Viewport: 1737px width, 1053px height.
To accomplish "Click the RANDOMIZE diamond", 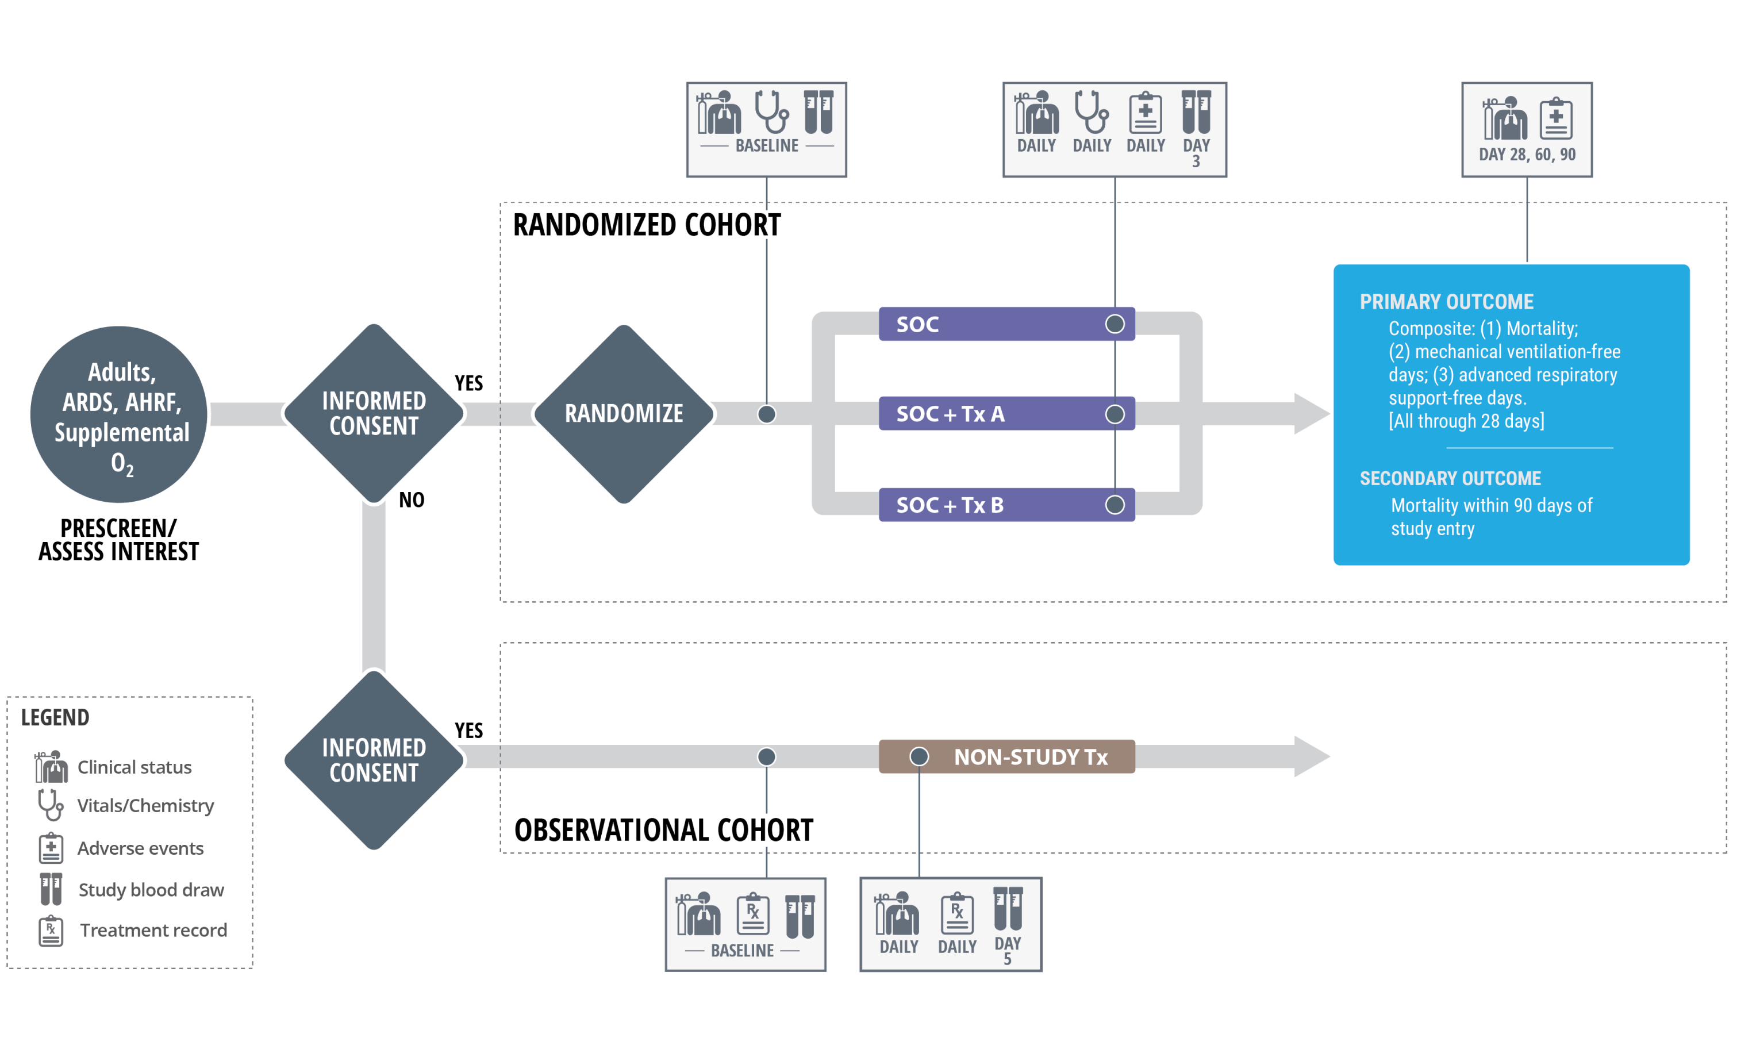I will (624, 414).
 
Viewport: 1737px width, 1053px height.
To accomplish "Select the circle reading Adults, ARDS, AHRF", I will (120, 414).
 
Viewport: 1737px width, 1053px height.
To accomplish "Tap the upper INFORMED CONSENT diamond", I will (374, 414).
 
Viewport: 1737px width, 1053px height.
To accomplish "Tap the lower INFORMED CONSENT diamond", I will (374, 760).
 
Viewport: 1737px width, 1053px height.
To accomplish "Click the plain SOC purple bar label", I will (917, 324).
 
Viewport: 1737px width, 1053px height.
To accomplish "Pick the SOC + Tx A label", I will (950, 414).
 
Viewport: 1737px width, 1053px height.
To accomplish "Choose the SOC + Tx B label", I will (950, 505).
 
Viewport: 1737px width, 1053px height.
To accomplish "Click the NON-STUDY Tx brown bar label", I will (1030, 757).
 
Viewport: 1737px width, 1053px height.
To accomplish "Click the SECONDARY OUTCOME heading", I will (1450, 479).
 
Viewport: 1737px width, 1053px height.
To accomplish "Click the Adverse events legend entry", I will (140, 848).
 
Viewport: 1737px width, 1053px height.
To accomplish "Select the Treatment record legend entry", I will (152, 931).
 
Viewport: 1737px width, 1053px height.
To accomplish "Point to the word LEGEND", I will (55, 717).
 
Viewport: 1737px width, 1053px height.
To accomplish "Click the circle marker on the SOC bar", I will (1115, 324).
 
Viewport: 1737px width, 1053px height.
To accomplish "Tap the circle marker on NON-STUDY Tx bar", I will (919, 756).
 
